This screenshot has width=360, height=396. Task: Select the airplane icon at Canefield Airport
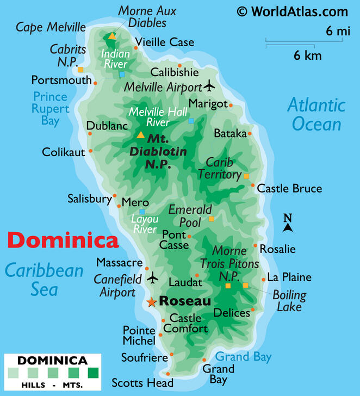(153, 277)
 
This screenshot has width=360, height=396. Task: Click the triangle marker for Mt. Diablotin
(141, 135)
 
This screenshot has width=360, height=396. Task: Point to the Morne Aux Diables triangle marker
(112, 36)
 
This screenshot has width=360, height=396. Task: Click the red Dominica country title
(63, 240)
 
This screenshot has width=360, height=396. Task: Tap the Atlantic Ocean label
(316, 114)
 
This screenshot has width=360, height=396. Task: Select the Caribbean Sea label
(44, 280)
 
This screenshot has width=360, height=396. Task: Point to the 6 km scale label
(307, 55)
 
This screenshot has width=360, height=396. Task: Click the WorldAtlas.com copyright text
(292, 11)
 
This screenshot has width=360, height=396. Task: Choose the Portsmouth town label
(61, 80)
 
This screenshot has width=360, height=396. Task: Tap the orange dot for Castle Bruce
(253, 185)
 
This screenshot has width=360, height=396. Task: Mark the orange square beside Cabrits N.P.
(80, 70)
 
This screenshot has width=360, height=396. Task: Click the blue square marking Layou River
(142, 212)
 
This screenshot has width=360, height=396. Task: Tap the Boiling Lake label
(289, 301)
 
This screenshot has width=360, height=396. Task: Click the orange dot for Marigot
(231, 106)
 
